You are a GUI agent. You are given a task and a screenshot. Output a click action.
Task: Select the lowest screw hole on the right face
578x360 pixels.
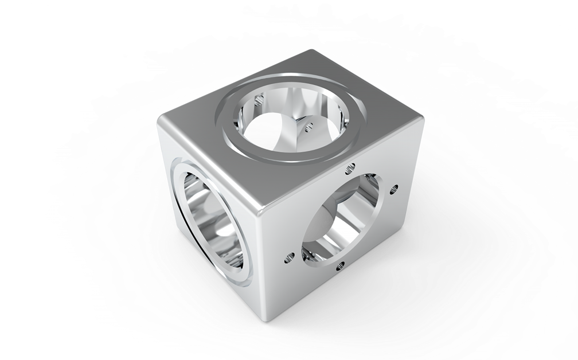[342, 265]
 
